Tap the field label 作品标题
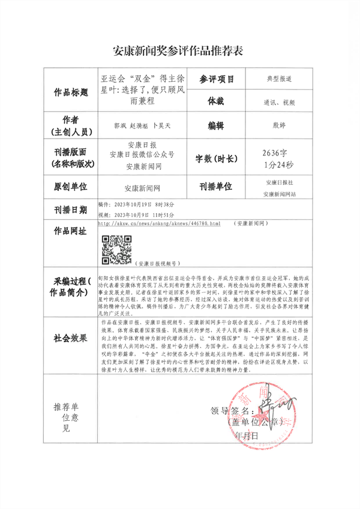[71, 93]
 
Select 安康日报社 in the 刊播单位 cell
[280, 182]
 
